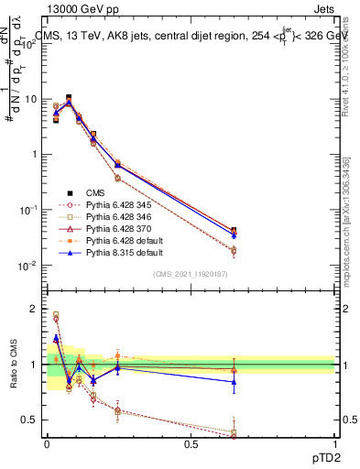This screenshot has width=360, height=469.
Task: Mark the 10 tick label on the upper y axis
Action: tap(31, 99)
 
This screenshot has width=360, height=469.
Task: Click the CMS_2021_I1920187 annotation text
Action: tap(191, 273)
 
